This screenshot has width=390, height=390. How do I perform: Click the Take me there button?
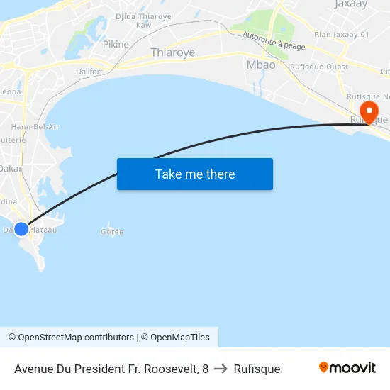195,174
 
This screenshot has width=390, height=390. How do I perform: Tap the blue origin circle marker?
21,229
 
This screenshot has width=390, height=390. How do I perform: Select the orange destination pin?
369,112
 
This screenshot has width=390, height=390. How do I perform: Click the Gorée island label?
112,232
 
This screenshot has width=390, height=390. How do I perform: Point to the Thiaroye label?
173,52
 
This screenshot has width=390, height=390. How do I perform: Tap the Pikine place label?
116,44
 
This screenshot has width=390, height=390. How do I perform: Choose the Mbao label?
261,65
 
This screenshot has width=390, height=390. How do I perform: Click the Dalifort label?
90,71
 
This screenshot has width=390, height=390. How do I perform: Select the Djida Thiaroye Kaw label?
144,20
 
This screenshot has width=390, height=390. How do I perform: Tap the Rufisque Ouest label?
319,67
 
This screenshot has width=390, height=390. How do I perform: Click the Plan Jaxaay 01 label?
342,34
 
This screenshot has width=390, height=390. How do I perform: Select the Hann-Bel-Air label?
35,126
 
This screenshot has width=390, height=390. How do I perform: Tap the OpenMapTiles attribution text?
180,338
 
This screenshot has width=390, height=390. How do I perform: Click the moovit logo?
347,368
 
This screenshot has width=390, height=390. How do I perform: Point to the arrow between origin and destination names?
221,369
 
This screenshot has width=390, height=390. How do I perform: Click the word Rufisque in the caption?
257,369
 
